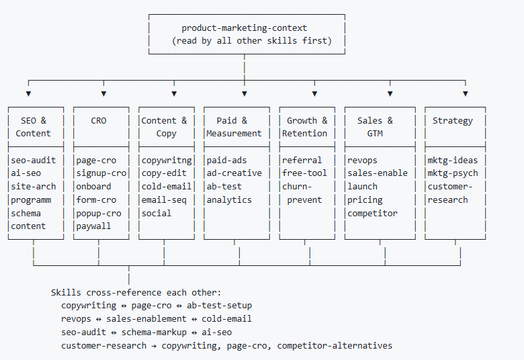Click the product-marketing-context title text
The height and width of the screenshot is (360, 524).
tap(244, 28)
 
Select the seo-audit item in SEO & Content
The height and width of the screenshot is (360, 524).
tap(33, 160)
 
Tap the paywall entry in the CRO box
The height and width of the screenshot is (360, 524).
tap(93, 226)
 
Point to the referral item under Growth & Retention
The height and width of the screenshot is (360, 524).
tap(302, 160)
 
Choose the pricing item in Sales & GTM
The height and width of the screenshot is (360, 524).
tap(365, 199)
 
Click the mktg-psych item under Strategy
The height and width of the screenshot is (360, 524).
tap(453, 173)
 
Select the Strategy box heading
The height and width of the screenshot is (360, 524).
tap(452, 121)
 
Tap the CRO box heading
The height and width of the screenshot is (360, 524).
tap(98, 121)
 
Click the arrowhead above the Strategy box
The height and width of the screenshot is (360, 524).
tap(465, 93)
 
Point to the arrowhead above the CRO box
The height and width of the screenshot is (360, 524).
tap(103, 93)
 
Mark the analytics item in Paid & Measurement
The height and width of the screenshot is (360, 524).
tap(229, 199)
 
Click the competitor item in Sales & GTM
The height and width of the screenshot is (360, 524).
tap(372, 213)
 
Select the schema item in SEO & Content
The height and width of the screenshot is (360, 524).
tap(26, 213)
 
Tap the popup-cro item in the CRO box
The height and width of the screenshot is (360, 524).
tap(98, 213)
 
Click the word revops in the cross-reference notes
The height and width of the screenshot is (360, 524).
tap(77, 319)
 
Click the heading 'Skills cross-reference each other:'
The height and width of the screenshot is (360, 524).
tap(136, 293)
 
